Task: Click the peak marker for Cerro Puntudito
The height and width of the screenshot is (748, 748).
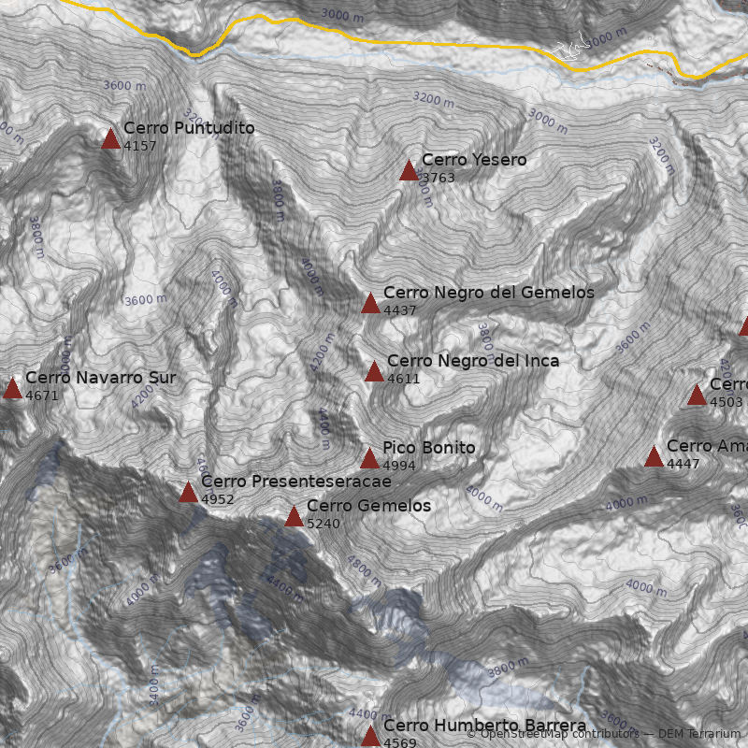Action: coord(111,139)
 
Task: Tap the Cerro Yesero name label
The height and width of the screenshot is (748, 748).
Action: coord(473,160)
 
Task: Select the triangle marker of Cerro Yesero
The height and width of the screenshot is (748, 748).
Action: coord(409,171)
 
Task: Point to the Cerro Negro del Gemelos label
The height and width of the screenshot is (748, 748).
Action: coord(488,293)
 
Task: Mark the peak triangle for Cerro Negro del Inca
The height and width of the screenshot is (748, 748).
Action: coord(375,372)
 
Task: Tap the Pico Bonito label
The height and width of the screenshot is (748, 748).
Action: coord(428,448)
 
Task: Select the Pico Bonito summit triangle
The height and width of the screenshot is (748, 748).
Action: coord(370,459)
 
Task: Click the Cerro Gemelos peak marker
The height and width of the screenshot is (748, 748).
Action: coord(295,517)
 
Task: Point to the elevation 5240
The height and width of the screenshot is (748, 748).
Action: coord(324,524)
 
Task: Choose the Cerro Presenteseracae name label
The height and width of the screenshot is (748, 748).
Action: coord(295,482)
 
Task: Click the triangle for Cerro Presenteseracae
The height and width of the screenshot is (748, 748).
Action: coord(189,493)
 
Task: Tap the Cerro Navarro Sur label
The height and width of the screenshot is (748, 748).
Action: coord(100,378)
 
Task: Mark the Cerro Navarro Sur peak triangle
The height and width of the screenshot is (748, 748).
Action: coord(12,389)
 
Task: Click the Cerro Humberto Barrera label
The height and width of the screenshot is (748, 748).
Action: coord(484,726)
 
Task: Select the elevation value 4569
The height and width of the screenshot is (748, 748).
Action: coord(400,743)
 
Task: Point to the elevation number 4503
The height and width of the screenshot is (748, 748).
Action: coord(726,402)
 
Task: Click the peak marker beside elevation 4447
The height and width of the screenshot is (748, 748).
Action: coord(654,457)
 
